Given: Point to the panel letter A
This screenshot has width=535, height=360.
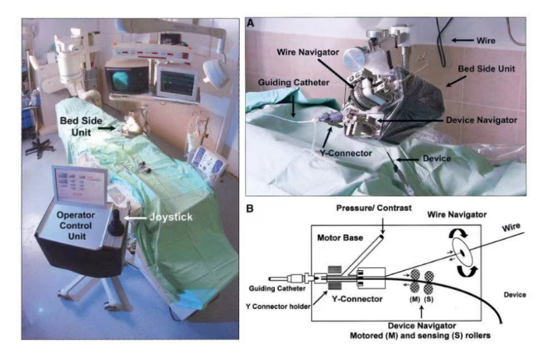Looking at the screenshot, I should tap(250, 23).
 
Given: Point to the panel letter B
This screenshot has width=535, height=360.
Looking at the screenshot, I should tap(250, 209).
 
